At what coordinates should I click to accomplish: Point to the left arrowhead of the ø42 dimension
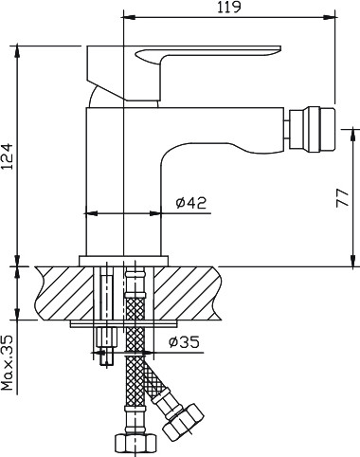click(89, 213)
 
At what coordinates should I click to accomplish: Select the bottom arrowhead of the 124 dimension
click(17, 256)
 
